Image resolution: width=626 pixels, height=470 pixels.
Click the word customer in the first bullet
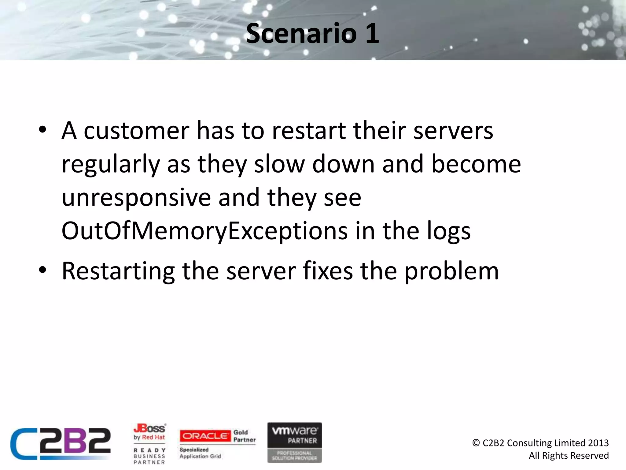click(x=136, y=131)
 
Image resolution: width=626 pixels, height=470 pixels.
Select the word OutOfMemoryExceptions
click(x=204, y=231)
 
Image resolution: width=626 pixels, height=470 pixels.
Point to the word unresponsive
click(x=136, y=197)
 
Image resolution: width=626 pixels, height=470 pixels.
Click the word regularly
click(x=111, y=164)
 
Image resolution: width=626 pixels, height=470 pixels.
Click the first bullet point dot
click(x=42, y=130)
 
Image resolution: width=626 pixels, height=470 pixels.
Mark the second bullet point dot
click(x=42, y=270)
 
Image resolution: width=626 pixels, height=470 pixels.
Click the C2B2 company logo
click(x=61, y=443)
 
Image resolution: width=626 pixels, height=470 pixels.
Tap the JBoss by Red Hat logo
click(x=149, y=432)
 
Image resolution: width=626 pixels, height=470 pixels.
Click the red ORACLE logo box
click(x=205, y=436)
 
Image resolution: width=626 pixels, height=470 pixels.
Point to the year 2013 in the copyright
click(x=598, y=443)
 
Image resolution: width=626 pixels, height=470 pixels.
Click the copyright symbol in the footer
click(x=476, y=443)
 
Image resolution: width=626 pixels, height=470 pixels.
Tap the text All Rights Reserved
click(x=569, y=455)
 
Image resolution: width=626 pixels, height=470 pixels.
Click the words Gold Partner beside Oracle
click(x=244, y=436)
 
